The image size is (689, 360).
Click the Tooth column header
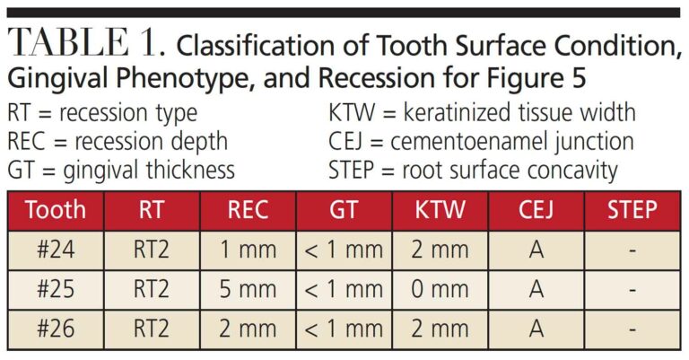pos(56,211)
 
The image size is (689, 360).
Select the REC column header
pos(249,211)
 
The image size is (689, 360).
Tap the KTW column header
pos(440,211)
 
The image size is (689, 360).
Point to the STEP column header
pos(632,211)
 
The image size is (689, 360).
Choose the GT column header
pos(344,211)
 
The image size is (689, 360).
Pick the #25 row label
pos(56,290)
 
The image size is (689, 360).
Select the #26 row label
pos(56,329)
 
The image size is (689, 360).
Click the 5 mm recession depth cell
pos(249,290)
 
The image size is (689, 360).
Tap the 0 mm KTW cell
pos(440,290)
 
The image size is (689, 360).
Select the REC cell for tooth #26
pos(249,329)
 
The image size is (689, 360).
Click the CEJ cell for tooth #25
pos(536,290)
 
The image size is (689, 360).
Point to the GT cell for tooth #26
pos(344,329)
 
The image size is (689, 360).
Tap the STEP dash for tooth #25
pos(632,290)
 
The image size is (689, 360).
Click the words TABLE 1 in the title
pos(83,46)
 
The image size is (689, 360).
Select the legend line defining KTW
pos(483,114)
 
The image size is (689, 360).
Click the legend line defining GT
pos(120,170)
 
